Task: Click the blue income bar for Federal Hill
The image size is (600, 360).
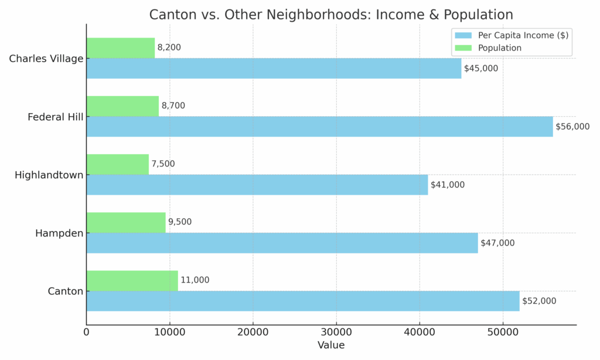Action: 319,127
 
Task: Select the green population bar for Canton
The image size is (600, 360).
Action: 132,280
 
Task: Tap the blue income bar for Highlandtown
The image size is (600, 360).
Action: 257,185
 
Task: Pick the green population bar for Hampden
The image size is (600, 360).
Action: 126,222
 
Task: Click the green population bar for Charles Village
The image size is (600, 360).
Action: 120,47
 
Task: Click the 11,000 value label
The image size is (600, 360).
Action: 195,280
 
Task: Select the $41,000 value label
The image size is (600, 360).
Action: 448,185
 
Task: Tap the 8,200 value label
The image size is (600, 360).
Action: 169,47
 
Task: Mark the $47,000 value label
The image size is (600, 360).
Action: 497,243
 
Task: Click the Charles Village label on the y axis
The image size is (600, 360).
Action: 46,59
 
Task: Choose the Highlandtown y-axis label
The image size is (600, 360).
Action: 49,175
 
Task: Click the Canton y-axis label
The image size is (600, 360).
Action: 66,291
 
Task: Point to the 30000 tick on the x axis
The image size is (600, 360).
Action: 336,332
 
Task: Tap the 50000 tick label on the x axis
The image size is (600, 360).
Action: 503,332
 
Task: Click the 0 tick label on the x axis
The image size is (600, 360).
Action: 86,332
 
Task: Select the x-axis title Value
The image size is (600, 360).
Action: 331,345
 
